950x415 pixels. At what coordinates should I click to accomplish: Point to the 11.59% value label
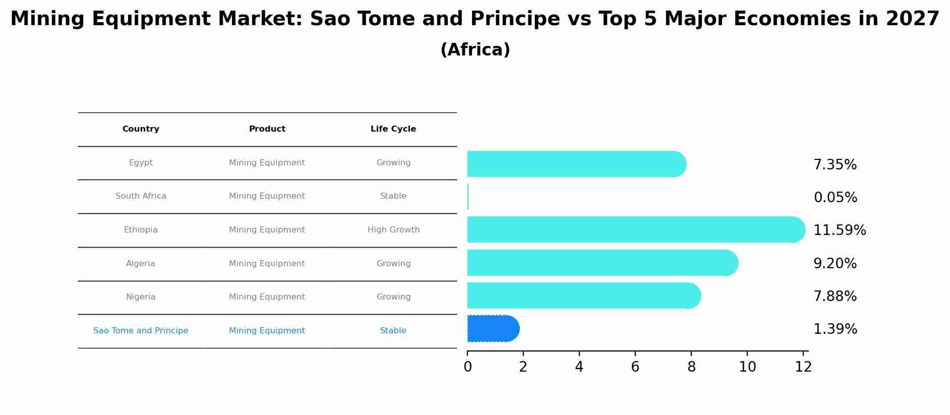[840, 230]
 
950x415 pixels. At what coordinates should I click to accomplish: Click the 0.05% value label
[835, 198]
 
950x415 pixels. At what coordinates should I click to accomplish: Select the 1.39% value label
[835, 329]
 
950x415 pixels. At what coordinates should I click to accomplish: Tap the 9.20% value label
[835, 264]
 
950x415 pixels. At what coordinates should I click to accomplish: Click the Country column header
[141, 129]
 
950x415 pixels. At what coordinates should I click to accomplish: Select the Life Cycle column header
[393, 129]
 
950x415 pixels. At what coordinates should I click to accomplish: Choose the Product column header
[267, 129]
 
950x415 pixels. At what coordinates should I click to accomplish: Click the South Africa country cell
[141, 196]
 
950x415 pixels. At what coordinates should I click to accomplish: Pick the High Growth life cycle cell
[393, 230]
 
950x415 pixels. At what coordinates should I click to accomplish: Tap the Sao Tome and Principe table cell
[141, 331]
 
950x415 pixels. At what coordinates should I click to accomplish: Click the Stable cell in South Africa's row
[393, 196]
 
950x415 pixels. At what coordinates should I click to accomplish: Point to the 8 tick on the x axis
[691, 367]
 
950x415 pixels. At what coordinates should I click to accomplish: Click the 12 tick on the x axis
[803, 367]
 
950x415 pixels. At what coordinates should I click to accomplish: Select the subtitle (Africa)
[475, 50]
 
